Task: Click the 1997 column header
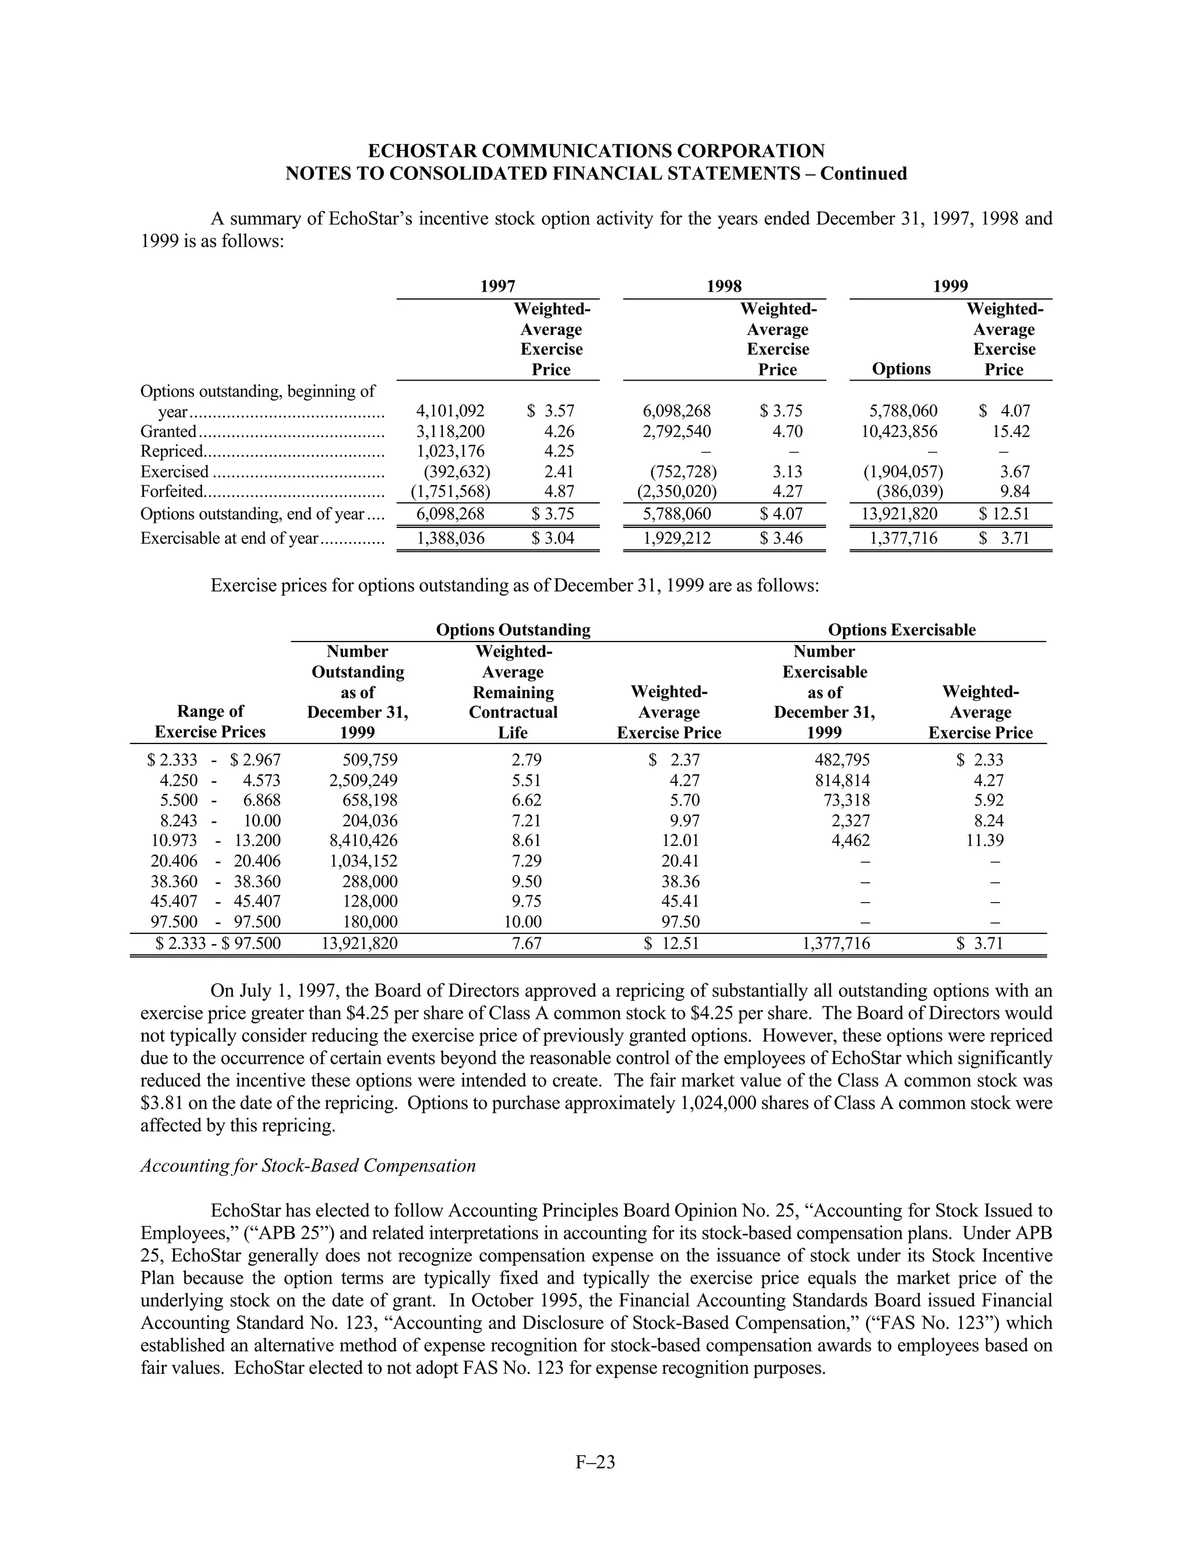point(497,286)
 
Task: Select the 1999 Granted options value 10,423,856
point(899,431)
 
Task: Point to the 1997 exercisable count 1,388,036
point(450,539)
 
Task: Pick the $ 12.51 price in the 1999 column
point(1004,514)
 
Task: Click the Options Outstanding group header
point(513,630)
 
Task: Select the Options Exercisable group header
point(901,630)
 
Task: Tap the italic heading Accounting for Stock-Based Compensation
point(308,1166)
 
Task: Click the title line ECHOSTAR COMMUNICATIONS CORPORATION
point(596,151)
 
